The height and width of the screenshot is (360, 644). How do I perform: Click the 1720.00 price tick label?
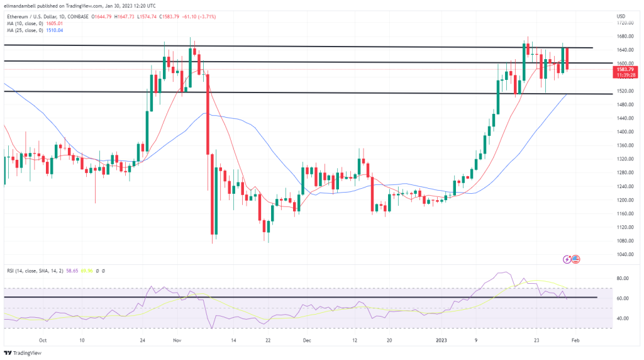[x=624, y=22]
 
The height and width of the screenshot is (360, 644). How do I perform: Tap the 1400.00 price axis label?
[x=624, y=132]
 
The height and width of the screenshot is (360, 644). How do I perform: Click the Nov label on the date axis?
[x=177, y=340]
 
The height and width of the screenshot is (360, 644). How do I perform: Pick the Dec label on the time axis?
[x=307, y=340]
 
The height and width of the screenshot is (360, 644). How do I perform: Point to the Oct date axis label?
[x=42, y=340]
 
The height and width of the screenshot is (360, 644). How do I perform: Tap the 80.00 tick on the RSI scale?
[x=622, y=278]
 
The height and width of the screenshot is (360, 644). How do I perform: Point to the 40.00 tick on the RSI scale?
[x=622, y=318]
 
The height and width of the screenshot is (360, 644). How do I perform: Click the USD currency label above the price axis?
[x=621, y=15]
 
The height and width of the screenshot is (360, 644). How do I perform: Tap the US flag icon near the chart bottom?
[x=575, y=259]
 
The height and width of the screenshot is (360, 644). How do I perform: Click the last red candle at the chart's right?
[x=567, y=59]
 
